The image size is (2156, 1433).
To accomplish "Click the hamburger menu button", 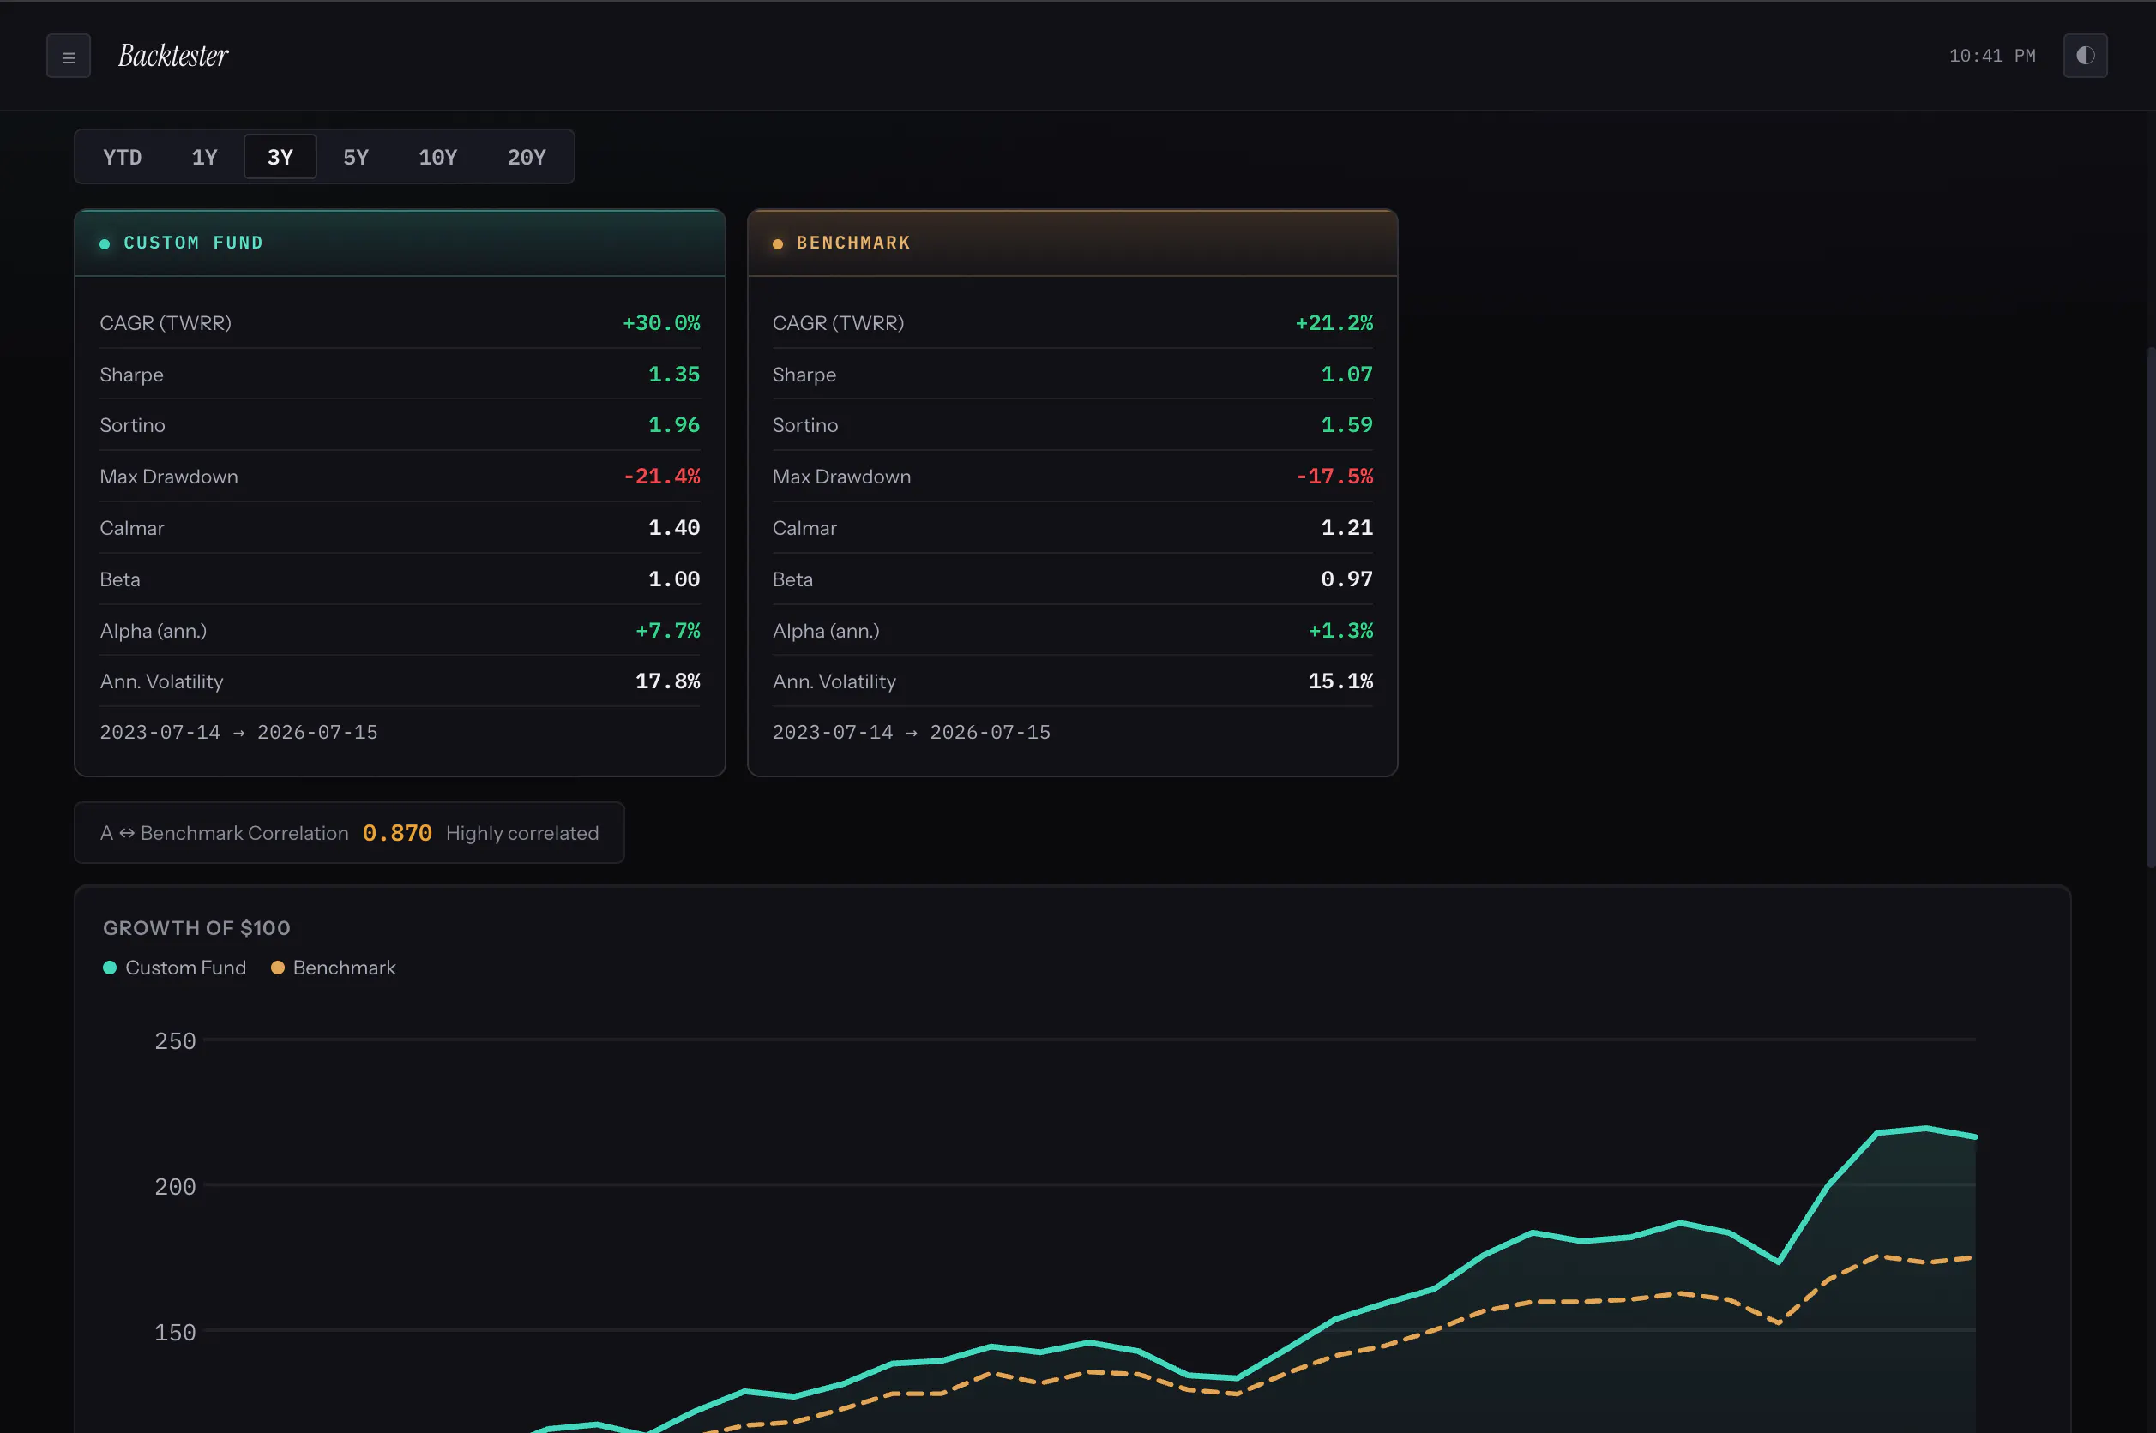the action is click(69, 57).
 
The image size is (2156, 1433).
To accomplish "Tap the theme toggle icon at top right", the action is click(2085, 56).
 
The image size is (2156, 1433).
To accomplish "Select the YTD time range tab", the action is click(123, 157).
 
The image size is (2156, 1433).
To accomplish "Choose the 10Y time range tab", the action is click(438, 157).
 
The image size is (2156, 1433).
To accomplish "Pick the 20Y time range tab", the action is click(527, 157).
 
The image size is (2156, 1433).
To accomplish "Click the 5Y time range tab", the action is click(356, 157).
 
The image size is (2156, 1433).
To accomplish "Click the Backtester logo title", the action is click(174, 56).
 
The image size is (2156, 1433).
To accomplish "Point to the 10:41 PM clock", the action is click(1992, 56).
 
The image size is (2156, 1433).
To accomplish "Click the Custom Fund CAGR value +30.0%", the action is click(661, 322).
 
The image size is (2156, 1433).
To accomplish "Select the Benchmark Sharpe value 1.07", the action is click(1346, 374).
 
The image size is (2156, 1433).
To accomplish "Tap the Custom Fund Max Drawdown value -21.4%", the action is click(661, 477).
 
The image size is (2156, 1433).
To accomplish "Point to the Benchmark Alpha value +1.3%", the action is click(1340, 631).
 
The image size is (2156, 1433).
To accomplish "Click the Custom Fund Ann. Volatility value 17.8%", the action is click(667, 681).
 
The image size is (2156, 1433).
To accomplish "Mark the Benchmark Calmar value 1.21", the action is click(1346, 527).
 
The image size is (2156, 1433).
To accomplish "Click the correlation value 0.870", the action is click(397, 833).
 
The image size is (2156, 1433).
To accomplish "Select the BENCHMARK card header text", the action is click(853, 243).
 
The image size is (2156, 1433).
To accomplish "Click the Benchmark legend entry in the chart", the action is click(334, 968).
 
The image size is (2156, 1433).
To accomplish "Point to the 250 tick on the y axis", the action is click(175, 1041).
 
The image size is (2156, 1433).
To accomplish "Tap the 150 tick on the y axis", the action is click(175, 1333).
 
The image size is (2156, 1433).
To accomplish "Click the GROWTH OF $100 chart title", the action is click(196, 928).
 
